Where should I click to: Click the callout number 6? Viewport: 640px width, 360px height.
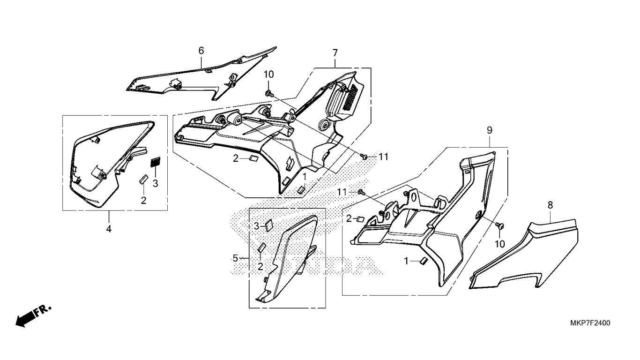[201, 51]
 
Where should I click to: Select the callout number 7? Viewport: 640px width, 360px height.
[335, 53]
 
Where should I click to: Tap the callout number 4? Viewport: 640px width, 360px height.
[109, 229]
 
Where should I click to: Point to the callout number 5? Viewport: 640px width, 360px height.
[235, 258]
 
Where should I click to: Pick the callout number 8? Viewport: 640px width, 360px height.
[550, 205]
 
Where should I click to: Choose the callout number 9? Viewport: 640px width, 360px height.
[490, 130]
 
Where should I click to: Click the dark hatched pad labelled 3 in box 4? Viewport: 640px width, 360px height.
[156, 162]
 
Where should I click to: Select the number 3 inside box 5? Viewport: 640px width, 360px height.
[257, 226]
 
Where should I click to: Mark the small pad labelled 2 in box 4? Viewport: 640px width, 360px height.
[143, 179]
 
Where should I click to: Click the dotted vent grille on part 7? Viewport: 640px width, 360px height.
[351, 97]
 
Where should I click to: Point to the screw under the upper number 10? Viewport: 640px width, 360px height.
[269, 93]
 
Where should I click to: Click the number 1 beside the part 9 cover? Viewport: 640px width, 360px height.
[406, 261]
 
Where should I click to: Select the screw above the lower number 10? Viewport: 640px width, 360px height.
[500, 225]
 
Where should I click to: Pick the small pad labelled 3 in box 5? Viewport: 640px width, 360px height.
[269, 226]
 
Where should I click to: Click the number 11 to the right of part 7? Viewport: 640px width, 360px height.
[384, 157]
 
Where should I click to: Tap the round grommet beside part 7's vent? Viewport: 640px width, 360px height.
[324, 125]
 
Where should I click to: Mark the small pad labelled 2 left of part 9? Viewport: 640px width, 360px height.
[360, 219]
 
